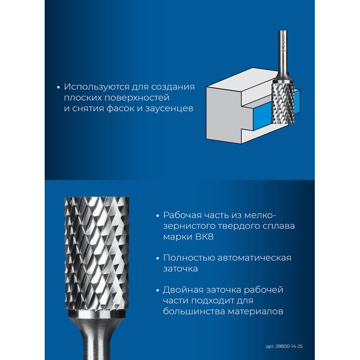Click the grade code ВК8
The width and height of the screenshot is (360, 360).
204,236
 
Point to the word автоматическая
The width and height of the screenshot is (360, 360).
254,258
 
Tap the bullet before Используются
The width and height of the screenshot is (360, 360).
58,88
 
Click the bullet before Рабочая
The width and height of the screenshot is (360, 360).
157,216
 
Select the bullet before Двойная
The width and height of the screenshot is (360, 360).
157,291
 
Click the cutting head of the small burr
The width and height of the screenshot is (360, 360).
283,102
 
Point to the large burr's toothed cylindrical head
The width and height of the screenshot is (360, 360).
96,253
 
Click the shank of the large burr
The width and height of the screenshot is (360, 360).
97,338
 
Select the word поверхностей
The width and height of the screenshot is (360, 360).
136,98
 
